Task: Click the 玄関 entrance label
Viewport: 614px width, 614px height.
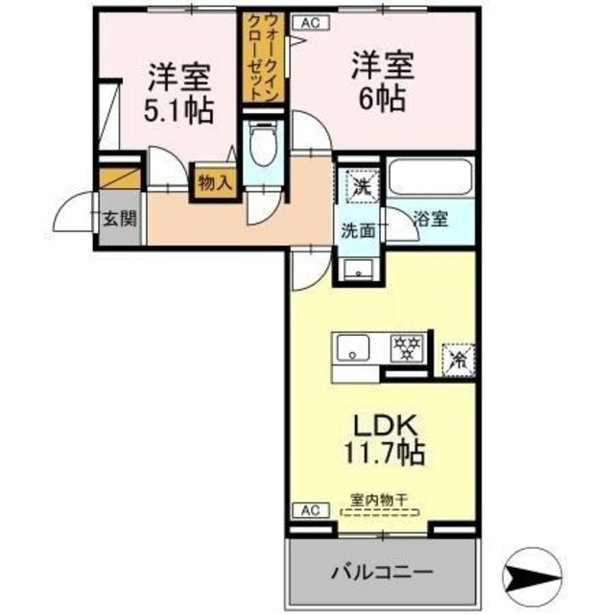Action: tap(121, 219)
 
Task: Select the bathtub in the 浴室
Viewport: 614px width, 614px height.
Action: tap(430, 178)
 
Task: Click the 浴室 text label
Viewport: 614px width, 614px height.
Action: tap(431, 219)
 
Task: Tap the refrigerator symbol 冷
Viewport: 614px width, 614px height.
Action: tap(459, 360)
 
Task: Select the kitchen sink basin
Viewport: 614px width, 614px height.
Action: tap(352, 347)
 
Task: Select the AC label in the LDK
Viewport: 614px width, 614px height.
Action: tap(311, 510)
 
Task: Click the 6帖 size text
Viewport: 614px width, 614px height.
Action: tap(383, 97)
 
